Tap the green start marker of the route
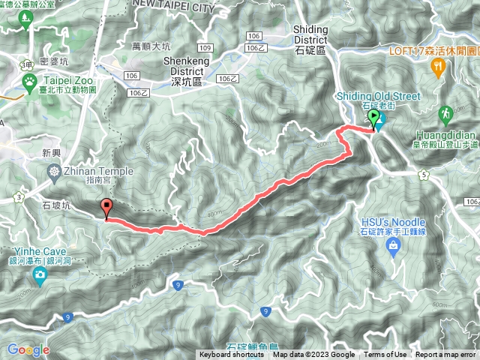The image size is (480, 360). click(373, 120)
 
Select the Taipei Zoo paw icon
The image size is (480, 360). click(28, 79)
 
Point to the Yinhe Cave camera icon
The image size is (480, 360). click(39, 277)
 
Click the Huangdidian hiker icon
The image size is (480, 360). click(447, 114)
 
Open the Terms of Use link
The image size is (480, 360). click(385, 355)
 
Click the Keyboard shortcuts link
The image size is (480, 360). click(231, 355)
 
